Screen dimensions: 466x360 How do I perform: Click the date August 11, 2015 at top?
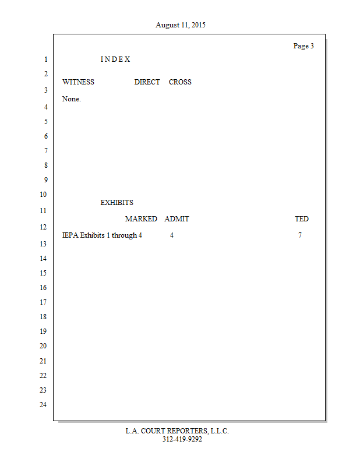[180, 25]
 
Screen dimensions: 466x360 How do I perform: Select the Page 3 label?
[303, 46]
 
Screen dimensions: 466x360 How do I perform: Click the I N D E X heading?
[115, 59]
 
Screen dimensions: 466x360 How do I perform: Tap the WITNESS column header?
[78, 82]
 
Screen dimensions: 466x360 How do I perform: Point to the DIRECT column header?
[147, 82]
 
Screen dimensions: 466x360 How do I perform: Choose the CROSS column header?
[180, 82]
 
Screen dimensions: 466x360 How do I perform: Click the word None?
[71, 99]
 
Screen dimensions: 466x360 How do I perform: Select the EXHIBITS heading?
[117, 203]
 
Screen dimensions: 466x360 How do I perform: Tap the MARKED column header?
[141, 219]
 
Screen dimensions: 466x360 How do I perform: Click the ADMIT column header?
[177, 219]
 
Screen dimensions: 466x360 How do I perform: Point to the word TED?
[302, 219]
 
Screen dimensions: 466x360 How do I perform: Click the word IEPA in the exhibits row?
[70, 235]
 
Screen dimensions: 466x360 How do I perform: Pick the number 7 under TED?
[300, 235]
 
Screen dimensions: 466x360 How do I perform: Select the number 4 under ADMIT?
[172, 235]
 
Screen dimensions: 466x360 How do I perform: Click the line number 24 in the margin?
[43, 405]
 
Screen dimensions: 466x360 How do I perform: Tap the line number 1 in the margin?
[45, 59]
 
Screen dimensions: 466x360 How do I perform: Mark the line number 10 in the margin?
[43, 195]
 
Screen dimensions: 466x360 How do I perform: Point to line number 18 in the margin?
[43, 317]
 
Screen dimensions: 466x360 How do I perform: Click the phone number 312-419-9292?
[182, 439]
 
